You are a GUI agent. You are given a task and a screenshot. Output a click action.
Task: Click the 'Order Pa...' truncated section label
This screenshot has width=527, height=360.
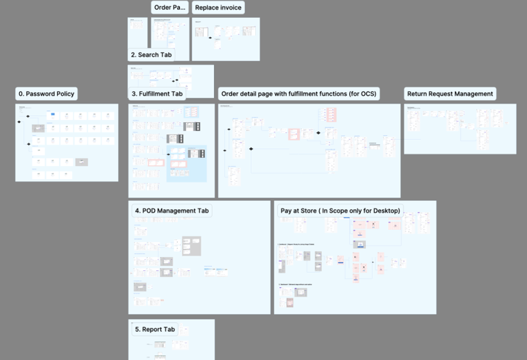(x=169, y=8)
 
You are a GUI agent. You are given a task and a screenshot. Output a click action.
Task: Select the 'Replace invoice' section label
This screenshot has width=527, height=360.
(x=218, y=8)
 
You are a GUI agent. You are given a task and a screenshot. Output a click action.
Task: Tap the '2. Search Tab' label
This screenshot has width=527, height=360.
(x=151, y=55)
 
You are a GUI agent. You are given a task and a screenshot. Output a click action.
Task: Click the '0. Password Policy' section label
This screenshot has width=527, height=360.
(x=46, y=94)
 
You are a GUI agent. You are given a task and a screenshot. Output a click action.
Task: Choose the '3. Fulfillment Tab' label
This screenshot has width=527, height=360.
(x=157, y=94)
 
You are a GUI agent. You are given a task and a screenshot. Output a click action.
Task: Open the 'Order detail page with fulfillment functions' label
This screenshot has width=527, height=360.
(x=299, y=94)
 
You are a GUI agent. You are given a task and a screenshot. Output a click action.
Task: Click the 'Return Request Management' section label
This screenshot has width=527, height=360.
(x=450, y=94)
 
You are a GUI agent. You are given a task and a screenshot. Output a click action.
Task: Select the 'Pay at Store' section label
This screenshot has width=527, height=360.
(x=340, y=211)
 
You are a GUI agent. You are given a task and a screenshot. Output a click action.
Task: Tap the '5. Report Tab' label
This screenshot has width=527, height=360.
(x=154, y=330)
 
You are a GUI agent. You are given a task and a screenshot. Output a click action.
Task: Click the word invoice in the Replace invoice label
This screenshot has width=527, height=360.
(x=231, y=8)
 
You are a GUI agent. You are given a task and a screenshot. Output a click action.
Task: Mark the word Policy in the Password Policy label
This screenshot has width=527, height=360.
(x=63, y=94)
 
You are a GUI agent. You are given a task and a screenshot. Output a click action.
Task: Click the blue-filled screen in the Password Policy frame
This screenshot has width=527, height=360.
(x=51, y=112)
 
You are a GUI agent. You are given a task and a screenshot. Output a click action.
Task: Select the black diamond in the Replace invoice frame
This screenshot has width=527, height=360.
(x=211, y=37)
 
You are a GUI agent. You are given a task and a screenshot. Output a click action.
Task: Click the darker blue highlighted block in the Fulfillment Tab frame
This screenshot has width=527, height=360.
(x=186, y=163)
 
